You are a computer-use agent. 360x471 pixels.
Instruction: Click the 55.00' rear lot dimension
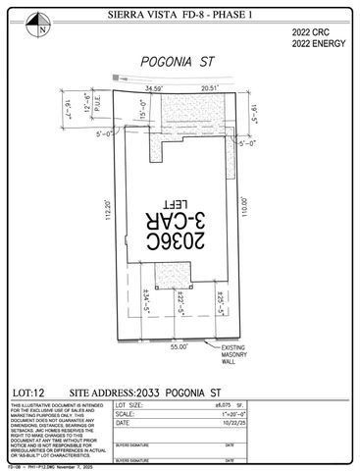click(179, 347)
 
